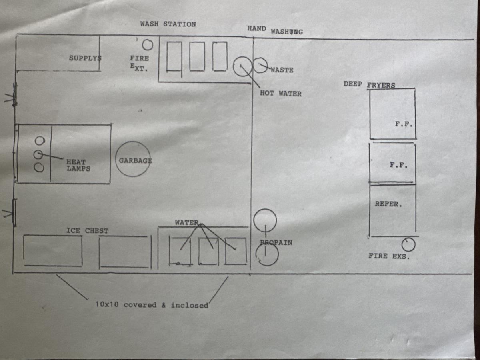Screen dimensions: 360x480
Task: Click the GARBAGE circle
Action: pos(133,159)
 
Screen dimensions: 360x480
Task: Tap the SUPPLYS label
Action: pos(85,58)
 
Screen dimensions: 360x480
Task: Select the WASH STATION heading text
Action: pos(168,24)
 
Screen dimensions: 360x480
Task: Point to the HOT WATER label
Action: pos(280,94)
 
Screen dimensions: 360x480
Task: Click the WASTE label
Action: pos(282,70)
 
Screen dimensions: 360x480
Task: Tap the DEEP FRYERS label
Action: pos(369,84)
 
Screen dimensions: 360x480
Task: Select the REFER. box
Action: pos(392,210)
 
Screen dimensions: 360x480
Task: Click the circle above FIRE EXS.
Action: pos(408,244)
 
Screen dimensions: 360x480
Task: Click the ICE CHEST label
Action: pos(87,231)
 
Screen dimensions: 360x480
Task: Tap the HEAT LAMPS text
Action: pos(78,165)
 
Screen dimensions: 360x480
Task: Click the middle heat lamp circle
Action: pos(39,154)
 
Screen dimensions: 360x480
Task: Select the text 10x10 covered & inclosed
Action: pos(152,305)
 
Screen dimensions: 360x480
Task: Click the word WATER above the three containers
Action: pos(187,222)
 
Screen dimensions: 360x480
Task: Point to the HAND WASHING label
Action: pos(275,30)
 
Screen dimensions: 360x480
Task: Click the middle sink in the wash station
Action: pos(197,56)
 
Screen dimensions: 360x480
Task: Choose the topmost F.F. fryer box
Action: pos(392,114)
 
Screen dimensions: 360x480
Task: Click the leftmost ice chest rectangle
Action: pos(53,250)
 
